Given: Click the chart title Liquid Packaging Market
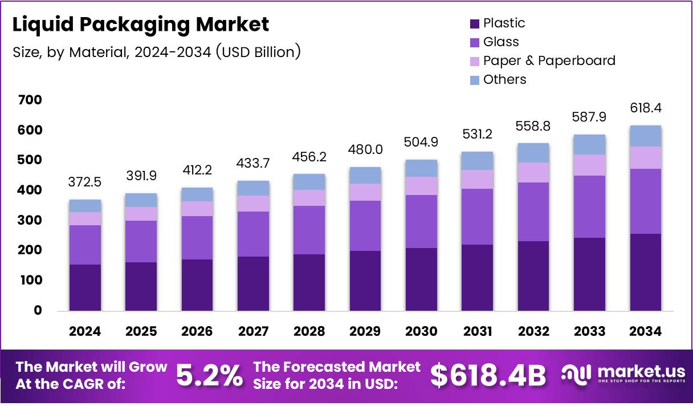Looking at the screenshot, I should (x=141, y=25).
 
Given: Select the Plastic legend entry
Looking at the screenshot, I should (x=504, y=23).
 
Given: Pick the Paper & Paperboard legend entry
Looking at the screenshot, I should (x=549, y=60).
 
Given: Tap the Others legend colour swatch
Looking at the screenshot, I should (x=475, y=80).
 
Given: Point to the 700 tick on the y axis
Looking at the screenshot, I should (x=30, y=100).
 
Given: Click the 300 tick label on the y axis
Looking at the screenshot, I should (x=30, y=221).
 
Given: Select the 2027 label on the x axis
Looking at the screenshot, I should (x=254, y=332).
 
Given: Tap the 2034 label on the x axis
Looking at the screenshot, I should (x=646, y=332).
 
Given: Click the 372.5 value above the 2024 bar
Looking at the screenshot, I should (x=85, y=182).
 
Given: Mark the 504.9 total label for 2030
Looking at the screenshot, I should (x=422, y=141).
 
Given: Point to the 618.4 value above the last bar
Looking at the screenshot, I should (x=646, y=108).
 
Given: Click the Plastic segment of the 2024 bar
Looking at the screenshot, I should (x=85, y=287).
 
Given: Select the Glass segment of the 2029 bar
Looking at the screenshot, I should (x=365, y=226).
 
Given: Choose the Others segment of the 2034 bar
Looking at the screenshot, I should (x=646, y=136).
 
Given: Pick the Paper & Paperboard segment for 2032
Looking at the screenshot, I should (x=533, y=172).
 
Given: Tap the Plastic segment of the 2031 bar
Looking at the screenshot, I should (x=478, y=278).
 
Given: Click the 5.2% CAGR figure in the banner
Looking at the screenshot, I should (x=209, y=375).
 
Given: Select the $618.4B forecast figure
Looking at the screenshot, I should (x=488, y=375).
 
